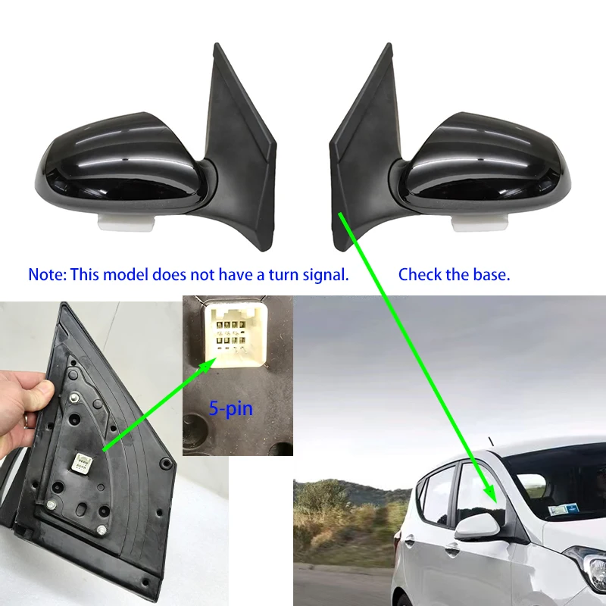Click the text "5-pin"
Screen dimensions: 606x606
click(x=231, y=409)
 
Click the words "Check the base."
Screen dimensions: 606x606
click(x=454, y=274)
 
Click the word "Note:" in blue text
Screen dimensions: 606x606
click(x=47, y=274)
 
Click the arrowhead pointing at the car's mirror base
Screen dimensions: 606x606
click(x=493, y=500)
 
